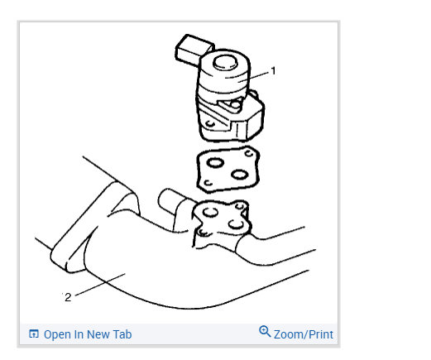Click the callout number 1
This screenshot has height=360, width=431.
click(x=274, y=71)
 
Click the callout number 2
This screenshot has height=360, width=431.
click(x=68, y=297)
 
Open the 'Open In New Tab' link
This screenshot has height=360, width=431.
click(x=87, y=334)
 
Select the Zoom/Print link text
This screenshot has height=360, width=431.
click(x=303, y=334)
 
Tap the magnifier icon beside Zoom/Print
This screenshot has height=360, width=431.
click(x=265, y=332)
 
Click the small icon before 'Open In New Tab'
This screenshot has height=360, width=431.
click(x=34, y=334)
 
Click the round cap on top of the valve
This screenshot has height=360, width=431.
click(x=225, y=64)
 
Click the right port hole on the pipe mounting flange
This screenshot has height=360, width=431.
click(x=237, y=223)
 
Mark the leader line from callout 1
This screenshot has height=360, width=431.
click(x=258, y=76)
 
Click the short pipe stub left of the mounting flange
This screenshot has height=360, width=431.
click(x=169, y=202)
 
